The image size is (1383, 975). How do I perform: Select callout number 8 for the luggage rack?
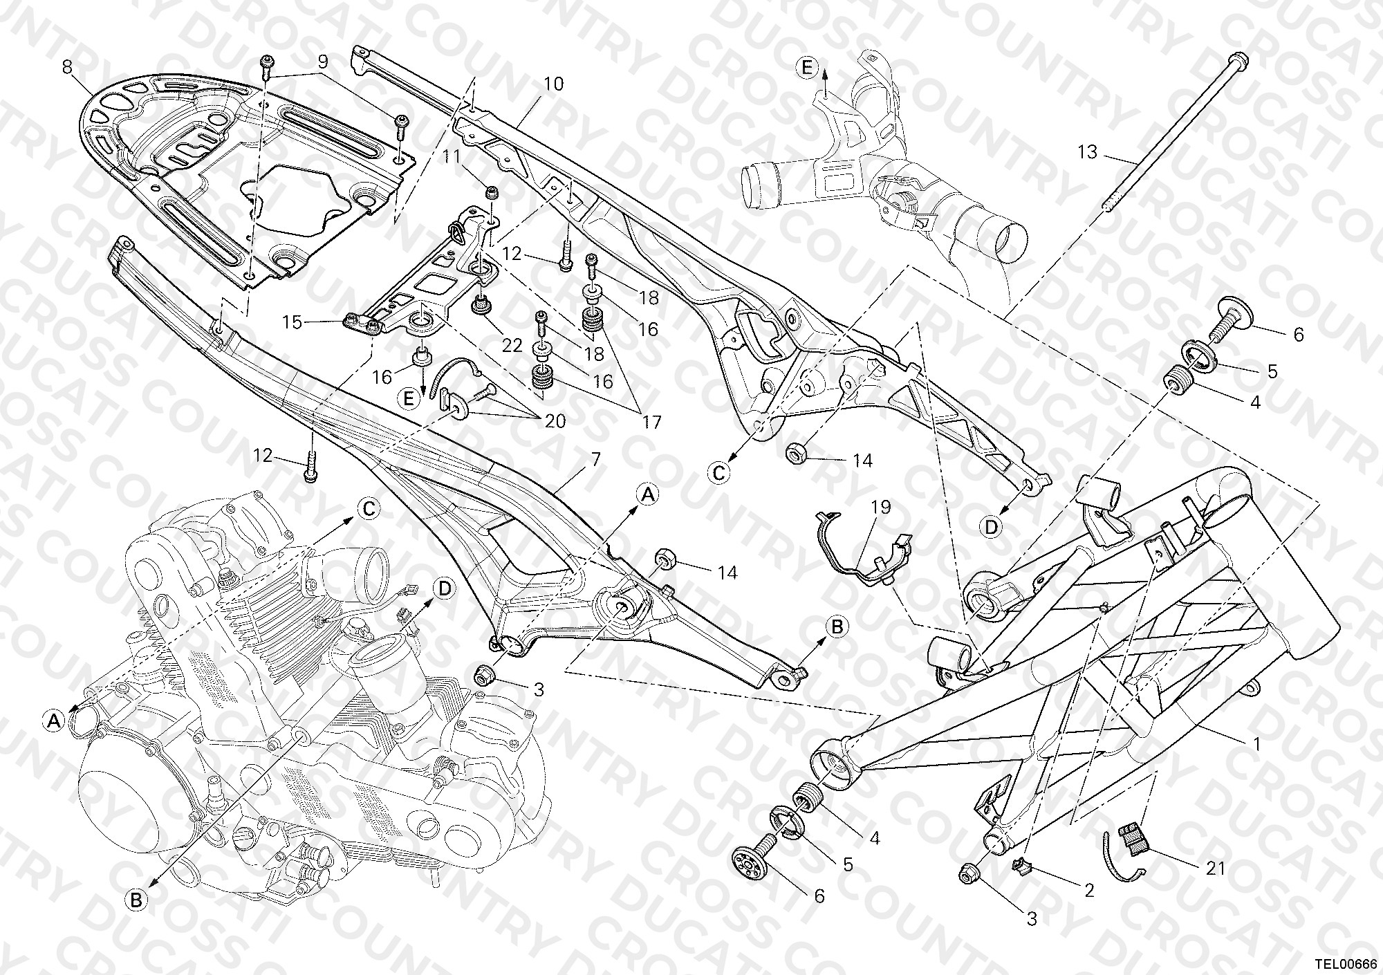66,67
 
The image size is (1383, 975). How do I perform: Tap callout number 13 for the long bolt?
1088,152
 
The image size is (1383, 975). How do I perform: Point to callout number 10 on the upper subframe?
554,84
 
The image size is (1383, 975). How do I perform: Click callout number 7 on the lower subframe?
595,459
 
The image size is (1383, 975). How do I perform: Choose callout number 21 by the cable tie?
1214,867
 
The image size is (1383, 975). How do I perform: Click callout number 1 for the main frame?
1256,745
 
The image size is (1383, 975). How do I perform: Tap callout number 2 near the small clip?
1089,891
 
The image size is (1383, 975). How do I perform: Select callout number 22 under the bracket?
512,345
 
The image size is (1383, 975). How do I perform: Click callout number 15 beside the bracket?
293,322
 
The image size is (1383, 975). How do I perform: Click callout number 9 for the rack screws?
322,61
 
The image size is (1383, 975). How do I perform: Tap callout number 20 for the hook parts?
555,420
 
